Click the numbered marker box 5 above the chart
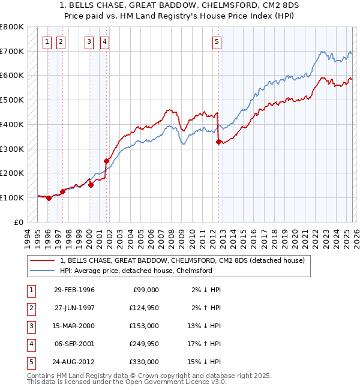[x=216, y=42]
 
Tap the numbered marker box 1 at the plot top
[x=47, y=42]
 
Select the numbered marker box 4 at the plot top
[x=104, y=42]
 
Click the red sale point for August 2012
[x=218, y=142]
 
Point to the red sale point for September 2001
[x=106, y=161]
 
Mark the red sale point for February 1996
[x=49, y=198]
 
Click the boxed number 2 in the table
[x=31, y=308]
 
